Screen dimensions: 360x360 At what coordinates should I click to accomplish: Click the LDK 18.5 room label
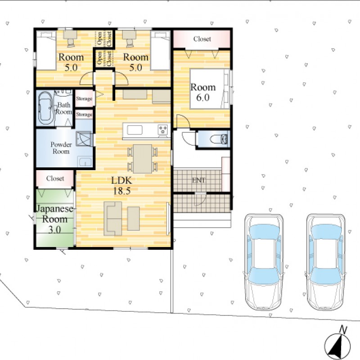(x=121, y=186)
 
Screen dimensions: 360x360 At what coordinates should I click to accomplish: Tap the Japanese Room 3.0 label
(x=55, y=219)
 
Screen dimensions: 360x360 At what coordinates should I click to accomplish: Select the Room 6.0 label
(x=203, y=92)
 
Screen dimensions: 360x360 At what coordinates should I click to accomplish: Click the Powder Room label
(x=61, y=148)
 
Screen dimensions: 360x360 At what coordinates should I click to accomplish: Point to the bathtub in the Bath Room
(x=46, y=108)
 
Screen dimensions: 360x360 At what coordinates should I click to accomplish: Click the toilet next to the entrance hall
(x=219, y=139)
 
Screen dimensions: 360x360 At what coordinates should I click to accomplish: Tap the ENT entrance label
(x=198, y=180)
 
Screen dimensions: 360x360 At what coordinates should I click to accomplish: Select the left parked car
(x=264, y=262)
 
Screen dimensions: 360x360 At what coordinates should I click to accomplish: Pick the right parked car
(x=326, y=262)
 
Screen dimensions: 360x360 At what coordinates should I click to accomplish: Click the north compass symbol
(x=337, y=344)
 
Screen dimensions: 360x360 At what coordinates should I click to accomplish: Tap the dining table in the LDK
(x=143, y=159)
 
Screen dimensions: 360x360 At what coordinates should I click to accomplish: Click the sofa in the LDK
(x=113, y=219)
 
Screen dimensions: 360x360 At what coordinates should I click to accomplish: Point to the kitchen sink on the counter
(x=135, y=130)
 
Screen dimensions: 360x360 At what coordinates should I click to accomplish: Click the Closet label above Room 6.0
(x=202, y=39)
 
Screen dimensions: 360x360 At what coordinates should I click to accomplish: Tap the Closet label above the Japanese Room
(x=55, y=178)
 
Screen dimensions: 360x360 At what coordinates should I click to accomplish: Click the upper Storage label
(x=84, y=99)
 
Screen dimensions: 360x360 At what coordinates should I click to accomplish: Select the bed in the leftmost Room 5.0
(x=46, y=50)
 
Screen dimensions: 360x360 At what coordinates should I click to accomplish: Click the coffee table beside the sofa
(x=133, y=218)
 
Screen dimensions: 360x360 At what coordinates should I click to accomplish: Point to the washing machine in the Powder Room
(x=84, y=139)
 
